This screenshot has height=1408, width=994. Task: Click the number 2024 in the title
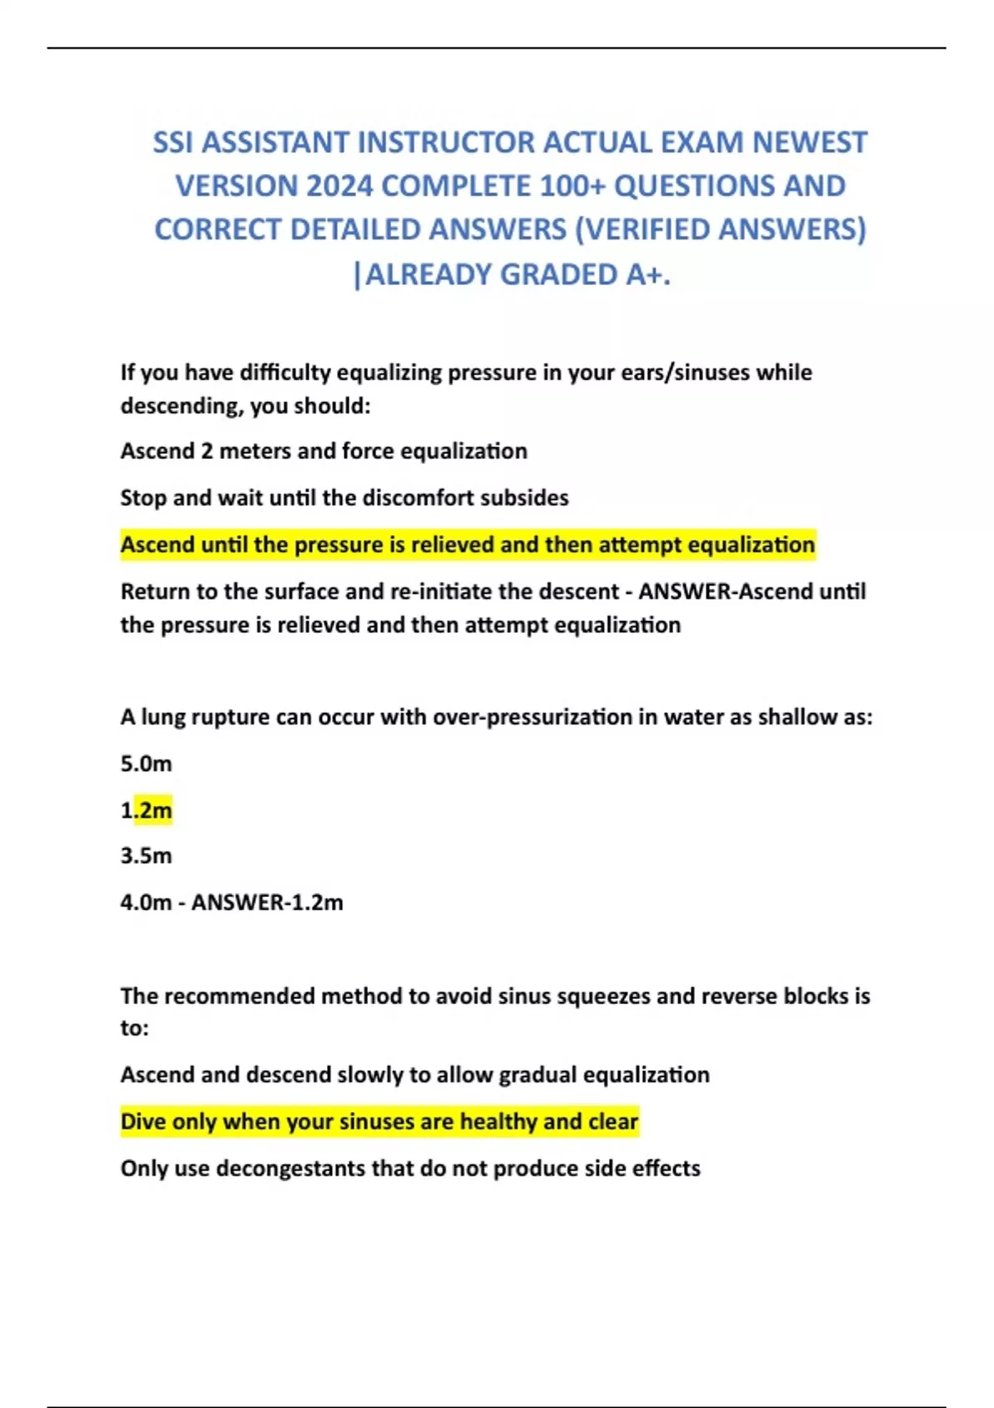tap(339, 186)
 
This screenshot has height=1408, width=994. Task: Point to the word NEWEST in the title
tap(809, 142)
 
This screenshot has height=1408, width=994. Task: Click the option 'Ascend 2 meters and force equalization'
tap(323, 451)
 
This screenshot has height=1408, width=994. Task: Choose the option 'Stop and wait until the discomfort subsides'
tap(344, 498)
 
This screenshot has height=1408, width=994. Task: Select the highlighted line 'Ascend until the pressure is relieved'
tap(467, 545)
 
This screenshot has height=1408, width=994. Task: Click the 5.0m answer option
tap(146, 764)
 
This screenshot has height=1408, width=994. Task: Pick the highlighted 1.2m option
tap(147, 810)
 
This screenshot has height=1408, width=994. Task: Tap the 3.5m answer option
tap(146, 856)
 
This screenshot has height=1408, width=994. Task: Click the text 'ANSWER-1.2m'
tap(267, 902)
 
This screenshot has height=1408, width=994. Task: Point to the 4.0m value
tap(146, 902)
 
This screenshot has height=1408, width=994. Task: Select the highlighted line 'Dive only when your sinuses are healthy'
tap(379, 1121)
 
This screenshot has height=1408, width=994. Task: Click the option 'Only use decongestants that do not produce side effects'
tap(410, 1169)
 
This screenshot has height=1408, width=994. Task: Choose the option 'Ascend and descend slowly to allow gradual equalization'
tap(414, 1075)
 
